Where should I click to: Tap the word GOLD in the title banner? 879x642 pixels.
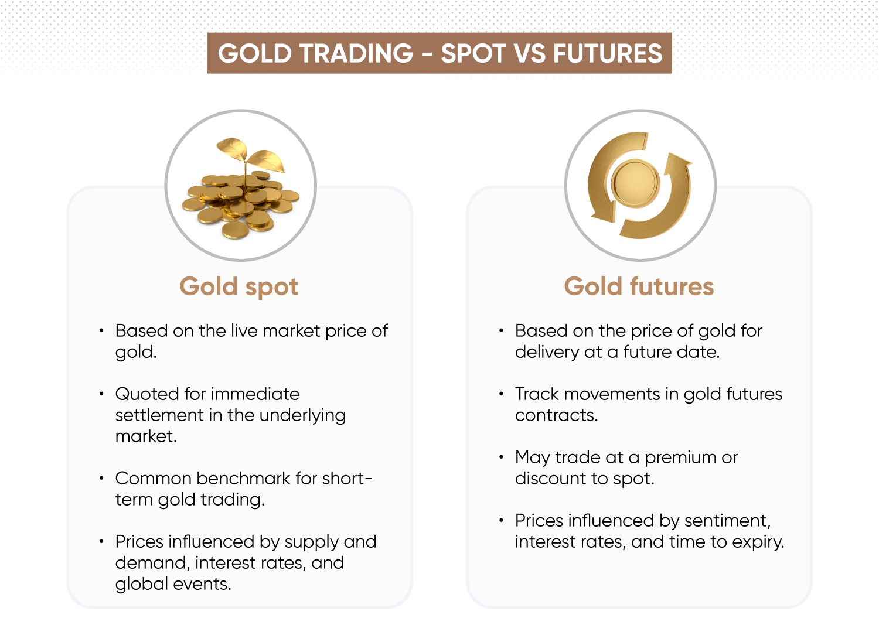255,53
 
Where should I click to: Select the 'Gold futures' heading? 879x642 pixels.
639,286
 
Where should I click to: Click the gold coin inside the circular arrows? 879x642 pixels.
636,183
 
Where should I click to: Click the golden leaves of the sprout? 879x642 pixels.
251,154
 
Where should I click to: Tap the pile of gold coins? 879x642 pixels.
240,204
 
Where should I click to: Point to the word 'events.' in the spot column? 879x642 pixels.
202,585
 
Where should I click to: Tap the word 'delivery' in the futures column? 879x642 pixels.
547,352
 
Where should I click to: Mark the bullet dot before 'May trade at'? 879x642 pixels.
501,457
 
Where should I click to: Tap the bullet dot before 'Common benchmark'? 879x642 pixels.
101,478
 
